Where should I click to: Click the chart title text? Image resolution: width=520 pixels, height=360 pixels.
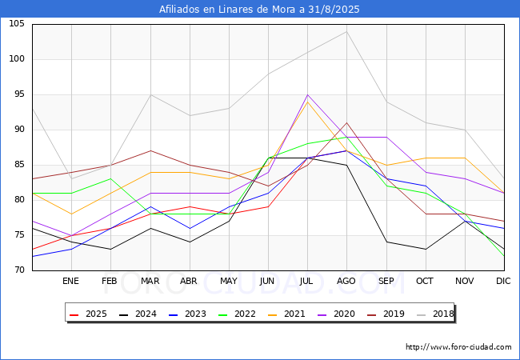pos(259,10)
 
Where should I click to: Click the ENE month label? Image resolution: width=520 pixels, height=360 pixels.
pos(70,282)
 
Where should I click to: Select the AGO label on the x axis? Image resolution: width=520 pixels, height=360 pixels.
pos(346,282)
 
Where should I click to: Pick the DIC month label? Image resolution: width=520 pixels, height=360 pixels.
pos(503,282)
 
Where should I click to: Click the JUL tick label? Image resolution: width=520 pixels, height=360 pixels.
pos(307,282)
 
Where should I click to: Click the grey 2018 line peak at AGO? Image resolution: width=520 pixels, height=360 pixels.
pos(346,31)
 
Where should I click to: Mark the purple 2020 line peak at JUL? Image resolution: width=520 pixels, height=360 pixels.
pos(307,94)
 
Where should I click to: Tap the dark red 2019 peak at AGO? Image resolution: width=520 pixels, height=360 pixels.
pos(346,122)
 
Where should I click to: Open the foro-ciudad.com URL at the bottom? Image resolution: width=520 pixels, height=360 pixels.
pos(458,347)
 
